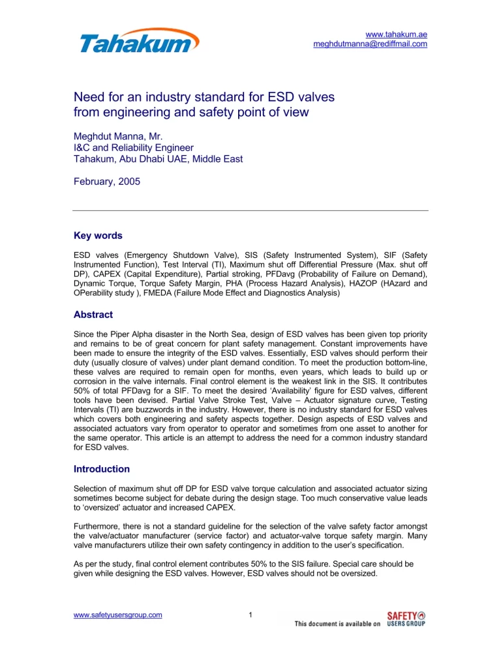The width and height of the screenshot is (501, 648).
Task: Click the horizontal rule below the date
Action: pos(250,210)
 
